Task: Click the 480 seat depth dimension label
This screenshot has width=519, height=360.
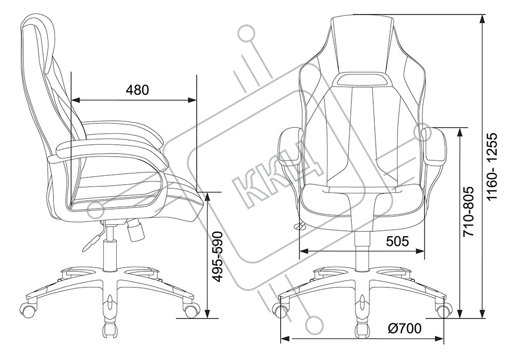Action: tap(138, 90)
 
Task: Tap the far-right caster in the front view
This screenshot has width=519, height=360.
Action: tap(443, 310)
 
